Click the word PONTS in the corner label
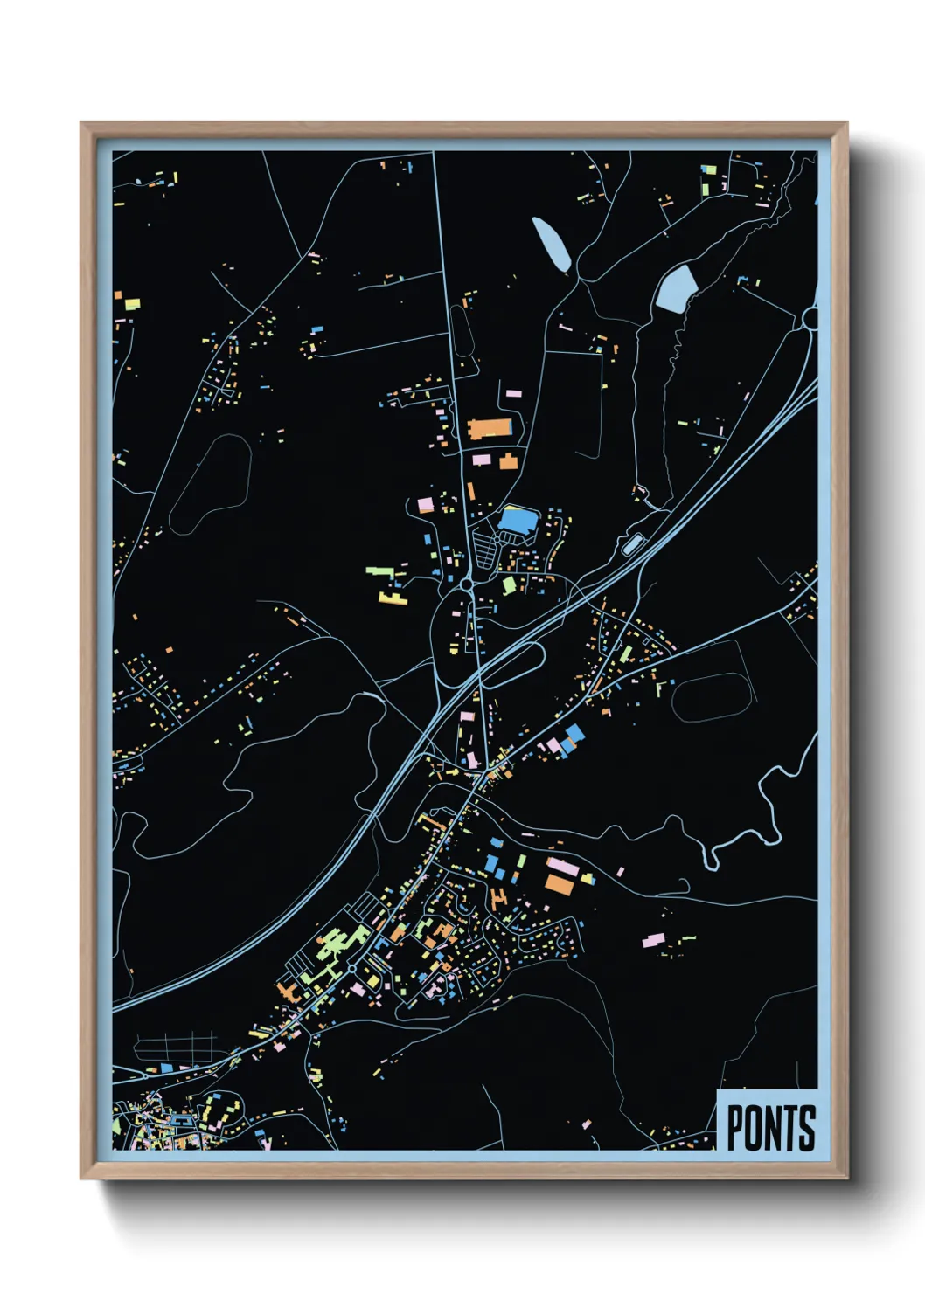tap(770, 1128)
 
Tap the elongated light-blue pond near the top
tap(552, 244)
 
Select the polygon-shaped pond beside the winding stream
tap(676, 288)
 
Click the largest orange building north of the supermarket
tap(490, 428)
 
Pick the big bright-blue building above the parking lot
tap(516, 521)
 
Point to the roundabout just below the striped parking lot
tap(468, 583)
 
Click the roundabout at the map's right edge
tap(810, 319)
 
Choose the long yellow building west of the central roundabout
tap(393, 598)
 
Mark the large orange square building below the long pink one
tap(560, 883)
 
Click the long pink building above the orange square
tap(562, 866)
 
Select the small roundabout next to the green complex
tap(351, 969)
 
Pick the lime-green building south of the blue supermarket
tap(509, 584)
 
